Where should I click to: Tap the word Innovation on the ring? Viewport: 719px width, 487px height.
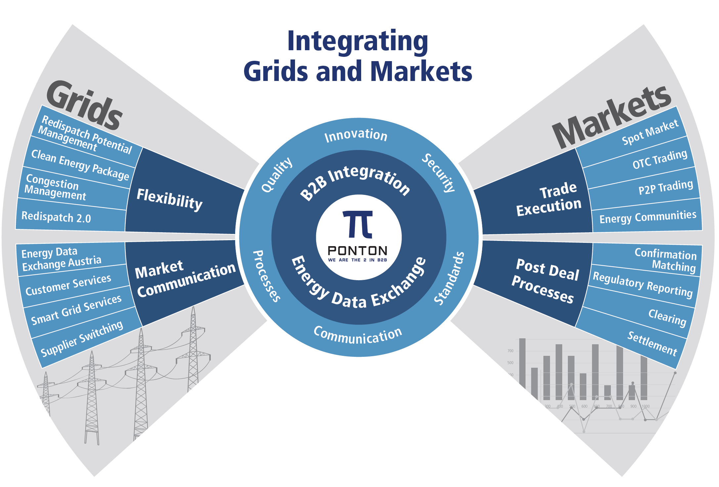point(356,135)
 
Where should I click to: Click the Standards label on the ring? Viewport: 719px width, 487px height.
point(449,279)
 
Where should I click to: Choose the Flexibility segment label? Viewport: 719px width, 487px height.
point(170,199)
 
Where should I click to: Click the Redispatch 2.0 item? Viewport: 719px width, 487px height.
point(56,217)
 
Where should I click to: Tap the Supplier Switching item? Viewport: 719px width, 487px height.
point(82,338)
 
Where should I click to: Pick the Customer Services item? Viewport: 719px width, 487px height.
point(68,285)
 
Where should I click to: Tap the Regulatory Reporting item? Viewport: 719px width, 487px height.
point(642,284)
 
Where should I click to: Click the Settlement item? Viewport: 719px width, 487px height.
point(652,344)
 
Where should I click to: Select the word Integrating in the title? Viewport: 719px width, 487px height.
point(358,41)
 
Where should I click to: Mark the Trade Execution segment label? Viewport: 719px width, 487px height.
point(549,199)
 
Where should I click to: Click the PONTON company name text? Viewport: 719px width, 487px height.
point(358,251)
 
